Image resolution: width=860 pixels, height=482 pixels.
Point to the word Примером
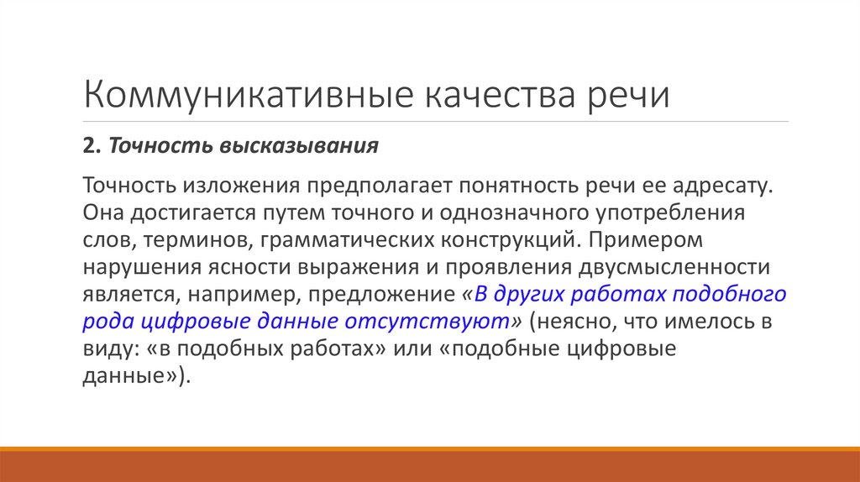coord(645,240)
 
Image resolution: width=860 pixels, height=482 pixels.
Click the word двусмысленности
coord(673,268)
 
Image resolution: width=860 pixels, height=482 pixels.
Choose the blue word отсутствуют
coord(435,322)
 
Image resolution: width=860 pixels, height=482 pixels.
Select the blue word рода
coord(106,322)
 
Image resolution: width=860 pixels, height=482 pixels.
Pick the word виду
coord(107,350)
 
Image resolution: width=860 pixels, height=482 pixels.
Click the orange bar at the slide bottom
coord(430,466)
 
